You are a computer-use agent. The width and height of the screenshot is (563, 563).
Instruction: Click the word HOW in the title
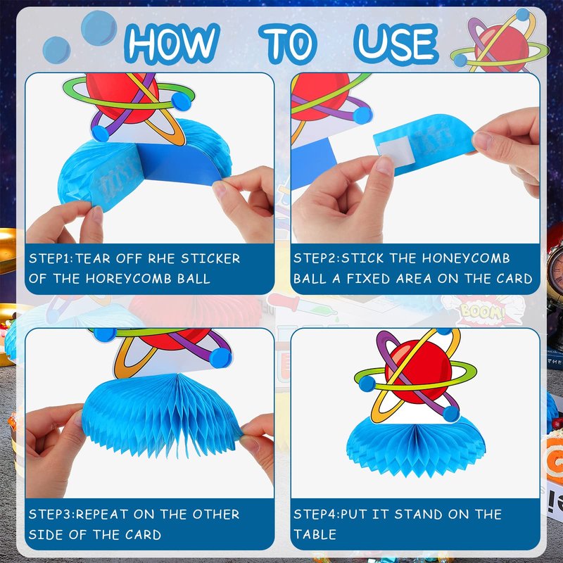172,43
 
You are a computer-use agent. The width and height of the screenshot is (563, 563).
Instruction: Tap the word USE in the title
396,44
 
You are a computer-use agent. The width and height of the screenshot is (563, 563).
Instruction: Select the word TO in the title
288,44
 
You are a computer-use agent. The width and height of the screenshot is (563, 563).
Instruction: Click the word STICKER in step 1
210,258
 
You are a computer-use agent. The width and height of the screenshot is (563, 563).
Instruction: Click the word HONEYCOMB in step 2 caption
466,258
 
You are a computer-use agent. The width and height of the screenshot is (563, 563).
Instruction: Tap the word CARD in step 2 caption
514,279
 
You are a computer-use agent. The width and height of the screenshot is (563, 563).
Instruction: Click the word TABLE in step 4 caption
315,535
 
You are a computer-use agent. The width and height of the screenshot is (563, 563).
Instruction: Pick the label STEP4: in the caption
316,514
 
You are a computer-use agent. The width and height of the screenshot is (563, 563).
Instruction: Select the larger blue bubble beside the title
99,28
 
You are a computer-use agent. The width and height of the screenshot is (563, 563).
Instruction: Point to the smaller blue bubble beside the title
56,50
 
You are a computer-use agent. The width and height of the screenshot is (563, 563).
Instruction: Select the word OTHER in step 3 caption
216,514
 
